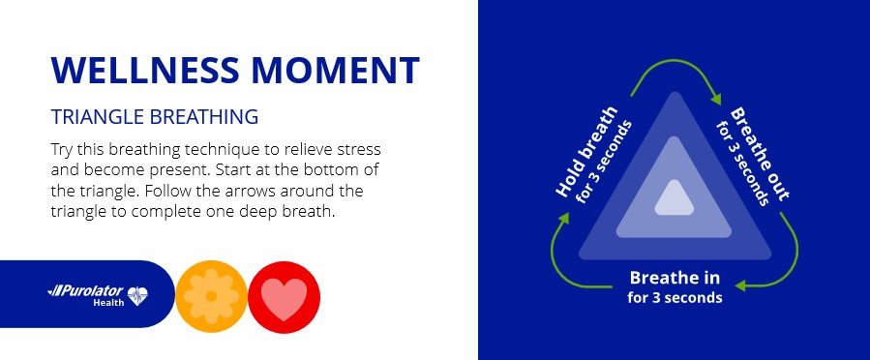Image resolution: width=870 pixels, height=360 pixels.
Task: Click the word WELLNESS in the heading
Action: point(145,70)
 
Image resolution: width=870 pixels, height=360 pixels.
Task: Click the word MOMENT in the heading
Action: point(335,70)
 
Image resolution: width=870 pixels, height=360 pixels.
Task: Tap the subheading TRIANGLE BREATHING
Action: point(155,117)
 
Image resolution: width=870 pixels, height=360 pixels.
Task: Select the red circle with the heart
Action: point(285,297)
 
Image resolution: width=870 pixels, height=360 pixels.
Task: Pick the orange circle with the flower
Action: point(211,297)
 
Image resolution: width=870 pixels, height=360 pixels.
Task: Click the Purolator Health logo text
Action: point(92,295)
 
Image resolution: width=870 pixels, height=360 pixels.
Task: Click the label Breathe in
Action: point(675,278)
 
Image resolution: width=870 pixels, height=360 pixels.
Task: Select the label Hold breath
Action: point(586,152)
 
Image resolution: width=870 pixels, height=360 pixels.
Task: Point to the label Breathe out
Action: point(759,154)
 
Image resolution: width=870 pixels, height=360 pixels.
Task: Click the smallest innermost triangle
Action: point(675,198)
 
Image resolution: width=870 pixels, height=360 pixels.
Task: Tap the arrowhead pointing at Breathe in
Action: point(740,286)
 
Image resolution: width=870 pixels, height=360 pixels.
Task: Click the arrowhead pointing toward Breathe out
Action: point(716,98)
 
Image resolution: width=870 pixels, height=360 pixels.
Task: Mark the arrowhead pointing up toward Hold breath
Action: point(564,218)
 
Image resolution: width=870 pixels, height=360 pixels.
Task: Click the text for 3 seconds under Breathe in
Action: point(675,297)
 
